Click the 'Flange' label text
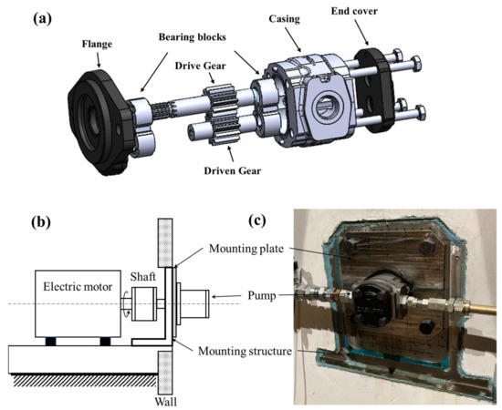tap(97, 44)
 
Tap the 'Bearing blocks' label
tap(192, 37)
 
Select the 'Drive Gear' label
tap(200, 66)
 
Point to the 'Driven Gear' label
tap(233, 170)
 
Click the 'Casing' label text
tap(284, 19)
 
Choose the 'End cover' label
tap(354, 11)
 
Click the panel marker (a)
tap(42, 19)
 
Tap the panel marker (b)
tap(41, 222)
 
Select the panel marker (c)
tap(257, 220)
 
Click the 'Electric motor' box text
tap(78, 287)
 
